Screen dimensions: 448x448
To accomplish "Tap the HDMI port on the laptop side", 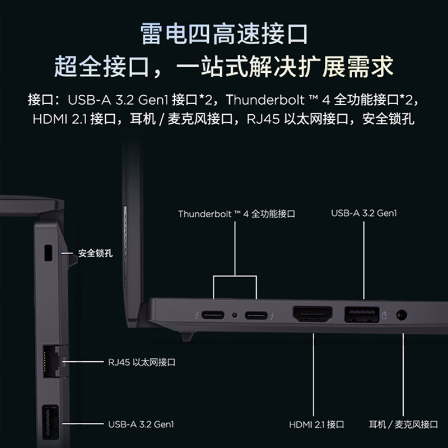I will (312, 314).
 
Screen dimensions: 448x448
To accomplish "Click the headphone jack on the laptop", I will (401, 315).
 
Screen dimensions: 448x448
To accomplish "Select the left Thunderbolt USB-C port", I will (213, 315).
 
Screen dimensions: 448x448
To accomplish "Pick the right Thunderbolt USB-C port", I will (256, 315).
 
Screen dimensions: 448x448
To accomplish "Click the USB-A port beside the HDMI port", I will (361, 314).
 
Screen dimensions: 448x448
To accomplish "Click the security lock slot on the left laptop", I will (48, 253).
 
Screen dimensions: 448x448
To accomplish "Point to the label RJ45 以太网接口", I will (142, 362).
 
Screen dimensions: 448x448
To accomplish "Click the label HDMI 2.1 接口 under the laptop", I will (316, 424).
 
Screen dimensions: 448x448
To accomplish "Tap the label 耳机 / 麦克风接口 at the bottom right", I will (403, 424).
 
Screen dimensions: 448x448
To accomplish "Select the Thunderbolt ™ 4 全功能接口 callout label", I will (236, 214).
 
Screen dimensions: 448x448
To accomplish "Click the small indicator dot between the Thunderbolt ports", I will (235, 315).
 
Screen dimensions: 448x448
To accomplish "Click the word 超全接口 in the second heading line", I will (102, 68).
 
